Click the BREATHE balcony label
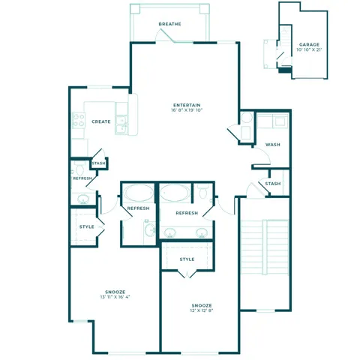click(x=169, y=24)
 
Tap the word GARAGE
click(x=309, y=45)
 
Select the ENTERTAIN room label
click(x=186, y=104)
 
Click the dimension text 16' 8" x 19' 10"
click(x=186, y=111)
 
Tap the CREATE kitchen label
click(x=101, y=121)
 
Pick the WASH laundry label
click(x=273, y=145)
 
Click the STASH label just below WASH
click(x=273, y=184)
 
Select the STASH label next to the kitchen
click(x=99, y=163)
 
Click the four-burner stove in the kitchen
click(x=78, y=120)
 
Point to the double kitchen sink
click(x=122, y=125)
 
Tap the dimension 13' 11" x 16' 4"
click(x=115, y=297)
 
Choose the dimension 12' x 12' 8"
click(x=201, y=312)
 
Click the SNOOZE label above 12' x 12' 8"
click(x=201, y=305)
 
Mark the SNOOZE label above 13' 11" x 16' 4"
click(x=115, y=290)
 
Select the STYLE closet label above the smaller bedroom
click(x=187, y=259)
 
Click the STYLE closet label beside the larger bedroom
click(x=87, y=226)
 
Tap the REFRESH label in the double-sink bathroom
click(x=187, y=213)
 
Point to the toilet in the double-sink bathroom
click(x=202, y=194)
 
